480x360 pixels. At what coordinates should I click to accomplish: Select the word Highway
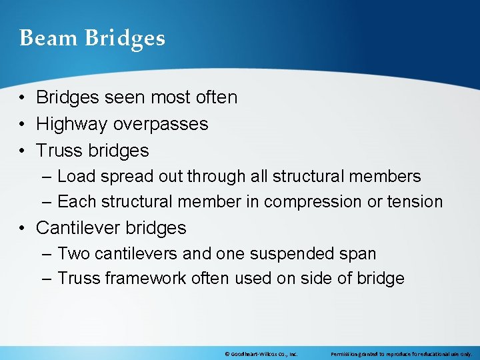coord(72,124)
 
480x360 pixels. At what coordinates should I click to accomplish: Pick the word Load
coord(75,177)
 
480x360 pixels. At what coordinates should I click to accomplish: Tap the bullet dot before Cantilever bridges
coord(23,228)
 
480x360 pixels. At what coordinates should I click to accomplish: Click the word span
coord(358,254)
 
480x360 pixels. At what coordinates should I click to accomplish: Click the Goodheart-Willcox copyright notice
coord(261,354)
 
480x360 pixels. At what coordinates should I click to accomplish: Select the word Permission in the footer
coord(345,354)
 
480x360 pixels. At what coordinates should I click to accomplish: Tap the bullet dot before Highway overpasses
coord(23,125)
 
